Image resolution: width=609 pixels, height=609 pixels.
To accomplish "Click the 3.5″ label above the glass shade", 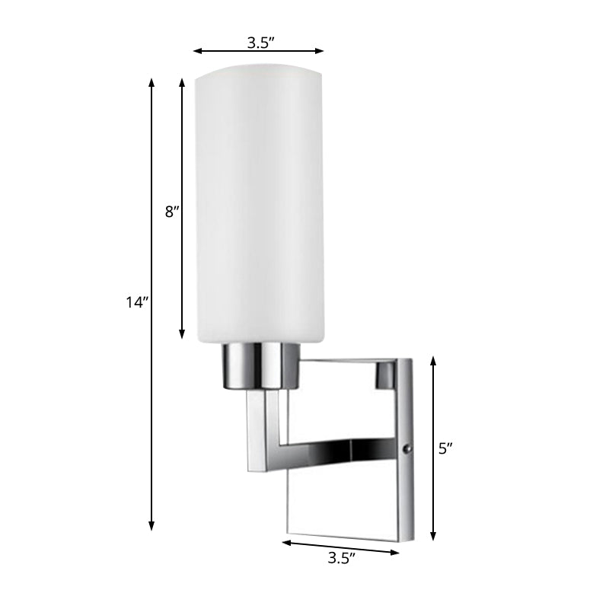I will [x=259, y=43].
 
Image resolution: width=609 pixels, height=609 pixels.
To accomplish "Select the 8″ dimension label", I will [x=171, y=212].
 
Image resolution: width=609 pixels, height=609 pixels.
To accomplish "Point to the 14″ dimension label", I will [x=136, y=303].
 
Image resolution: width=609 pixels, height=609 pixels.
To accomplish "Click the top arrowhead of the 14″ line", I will [x=152, y=81].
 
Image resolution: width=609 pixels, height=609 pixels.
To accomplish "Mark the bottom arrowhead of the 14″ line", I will [x=152, y=526].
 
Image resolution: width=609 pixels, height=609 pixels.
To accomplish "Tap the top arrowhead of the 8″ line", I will [x=182, y=81].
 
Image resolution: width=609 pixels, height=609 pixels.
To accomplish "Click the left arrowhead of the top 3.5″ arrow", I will [x=196, y=51].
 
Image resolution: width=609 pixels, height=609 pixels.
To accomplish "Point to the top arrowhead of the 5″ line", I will [x=434, y=360].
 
